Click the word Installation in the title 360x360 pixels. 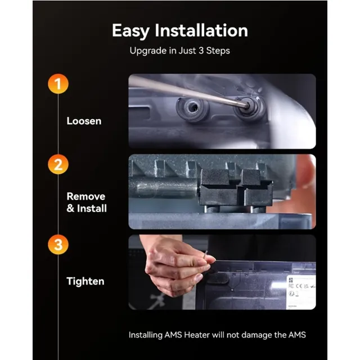click(201, 30)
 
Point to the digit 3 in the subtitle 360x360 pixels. click(201, 51)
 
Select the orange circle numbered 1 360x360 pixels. click(58, 84)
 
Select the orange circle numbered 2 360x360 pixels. click(58, 164)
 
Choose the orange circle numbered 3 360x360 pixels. click(58, 245)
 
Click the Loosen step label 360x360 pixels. click(84, 121)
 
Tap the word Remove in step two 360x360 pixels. click(86, 196)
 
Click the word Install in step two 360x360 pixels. click(92, 209)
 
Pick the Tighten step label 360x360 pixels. click(85, 281)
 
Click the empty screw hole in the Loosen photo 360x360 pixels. click(192, 107)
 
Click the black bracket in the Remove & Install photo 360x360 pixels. click(235, 188)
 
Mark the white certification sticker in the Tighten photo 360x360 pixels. click(301, 292)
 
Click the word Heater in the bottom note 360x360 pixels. click(197, 335)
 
